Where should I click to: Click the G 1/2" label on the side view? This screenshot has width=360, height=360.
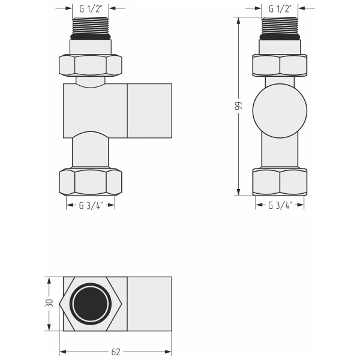280,9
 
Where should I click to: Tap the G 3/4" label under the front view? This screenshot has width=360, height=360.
90,205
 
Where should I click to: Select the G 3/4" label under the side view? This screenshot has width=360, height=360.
280,205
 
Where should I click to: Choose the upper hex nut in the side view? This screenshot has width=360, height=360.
280,64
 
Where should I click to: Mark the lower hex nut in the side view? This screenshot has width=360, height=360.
280,182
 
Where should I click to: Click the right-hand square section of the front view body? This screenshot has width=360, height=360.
149,110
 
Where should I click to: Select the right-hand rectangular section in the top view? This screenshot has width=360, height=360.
149,304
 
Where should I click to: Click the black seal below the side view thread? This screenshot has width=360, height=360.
280,37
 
